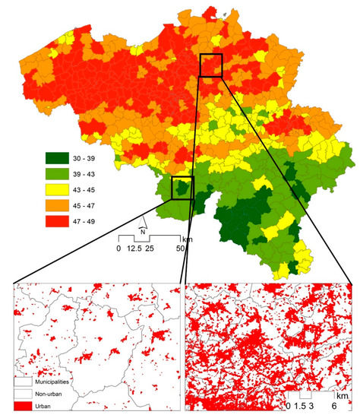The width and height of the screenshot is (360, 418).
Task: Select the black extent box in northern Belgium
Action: [210, 65]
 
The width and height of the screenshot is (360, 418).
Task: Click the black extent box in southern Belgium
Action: [183, 187]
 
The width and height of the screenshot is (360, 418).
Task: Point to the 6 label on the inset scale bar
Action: [334, 407]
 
